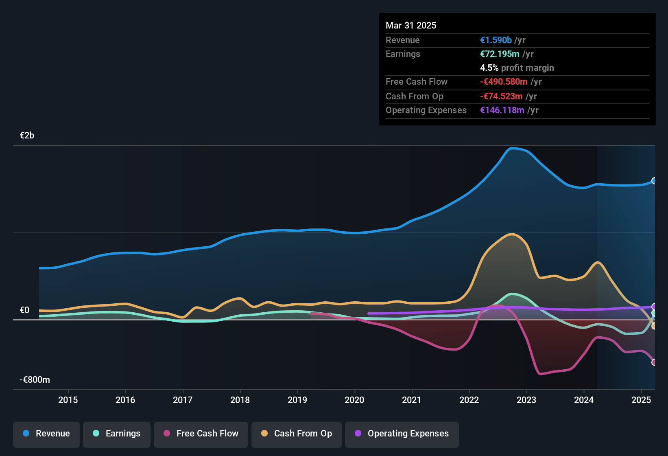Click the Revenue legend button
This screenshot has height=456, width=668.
46,434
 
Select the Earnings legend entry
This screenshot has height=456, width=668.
117,434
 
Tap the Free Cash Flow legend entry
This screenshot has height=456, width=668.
201,434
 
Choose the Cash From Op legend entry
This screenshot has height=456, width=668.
297,434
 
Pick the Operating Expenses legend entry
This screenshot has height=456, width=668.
402,434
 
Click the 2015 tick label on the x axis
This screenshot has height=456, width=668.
68,400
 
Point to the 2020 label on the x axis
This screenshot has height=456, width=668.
354,400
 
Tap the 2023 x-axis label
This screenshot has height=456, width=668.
526,400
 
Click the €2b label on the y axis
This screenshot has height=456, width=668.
27,136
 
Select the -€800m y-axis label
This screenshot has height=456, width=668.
35,380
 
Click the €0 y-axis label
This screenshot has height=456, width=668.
25,310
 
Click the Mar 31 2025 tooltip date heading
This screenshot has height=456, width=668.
411,26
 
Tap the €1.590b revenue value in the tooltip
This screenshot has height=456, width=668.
496,40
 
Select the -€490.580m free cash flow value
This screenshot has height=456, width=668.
504,82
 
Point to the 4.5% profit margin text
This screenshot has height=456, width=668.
517,68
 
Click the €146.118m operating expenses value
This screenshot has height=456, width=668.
502,110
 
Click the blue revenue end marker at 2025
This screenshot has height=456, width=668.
654,181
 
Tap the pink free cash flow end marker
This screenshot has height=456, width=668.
654,362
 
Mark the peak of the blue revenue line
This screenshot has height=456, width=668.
512,148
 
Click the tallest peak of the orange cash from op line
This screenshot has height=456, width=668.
511,234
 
